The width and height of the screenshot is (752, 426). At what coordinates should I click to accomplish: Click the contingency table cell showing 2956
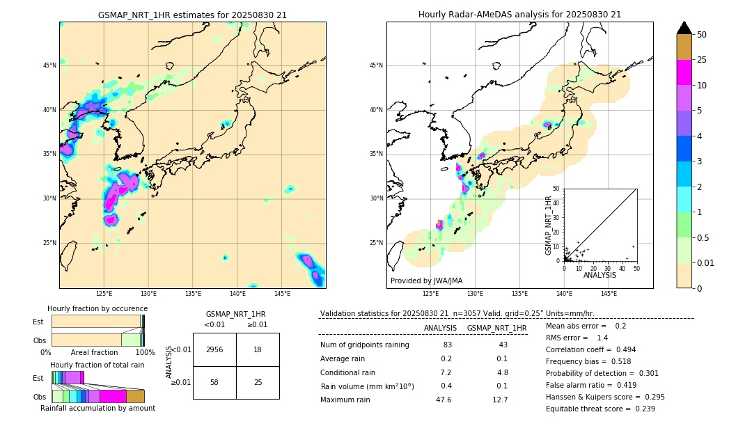(214, 349)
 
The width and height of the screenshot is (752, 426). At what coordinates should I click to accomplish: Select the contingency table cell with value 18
(258, 349)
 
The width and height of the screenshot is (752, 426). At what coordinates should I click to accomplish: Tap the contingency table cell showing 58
(214, 383)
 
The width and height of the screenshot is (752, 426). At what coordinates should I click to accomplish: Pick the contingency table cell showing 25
(258, 383)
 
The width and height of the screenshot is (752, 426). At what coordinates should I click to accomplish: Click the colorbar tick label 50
(702, 35)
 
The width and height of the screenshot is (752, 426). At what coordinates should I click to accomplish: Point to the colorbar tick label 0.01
(706, 262)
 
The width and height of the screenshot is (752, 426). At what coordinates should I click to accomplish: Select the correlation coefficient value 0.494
(621, 349)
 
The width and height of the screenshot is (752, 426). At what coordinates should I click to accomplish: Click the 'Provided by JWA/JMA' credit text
(426, 281)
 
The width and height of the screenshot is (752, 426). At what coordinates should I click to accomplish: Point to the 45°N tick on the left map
(49, 65)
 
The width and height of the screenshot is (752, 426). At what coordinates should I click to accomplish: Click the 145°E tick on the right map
(609, 294)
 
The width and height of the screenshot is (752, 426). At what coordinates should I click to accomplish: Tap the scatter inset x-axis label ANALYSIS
(600, 275)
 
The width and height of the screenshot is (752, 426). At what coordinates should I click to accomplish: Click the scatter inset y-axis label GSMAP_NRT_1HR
(548, 224)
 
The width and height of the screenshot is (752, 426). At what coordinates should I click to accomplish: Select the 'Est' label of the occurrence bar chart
(38, 322)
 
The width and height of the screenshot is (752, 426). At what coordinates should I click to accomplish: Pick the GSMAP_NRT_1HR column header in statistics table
(496, 328)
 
